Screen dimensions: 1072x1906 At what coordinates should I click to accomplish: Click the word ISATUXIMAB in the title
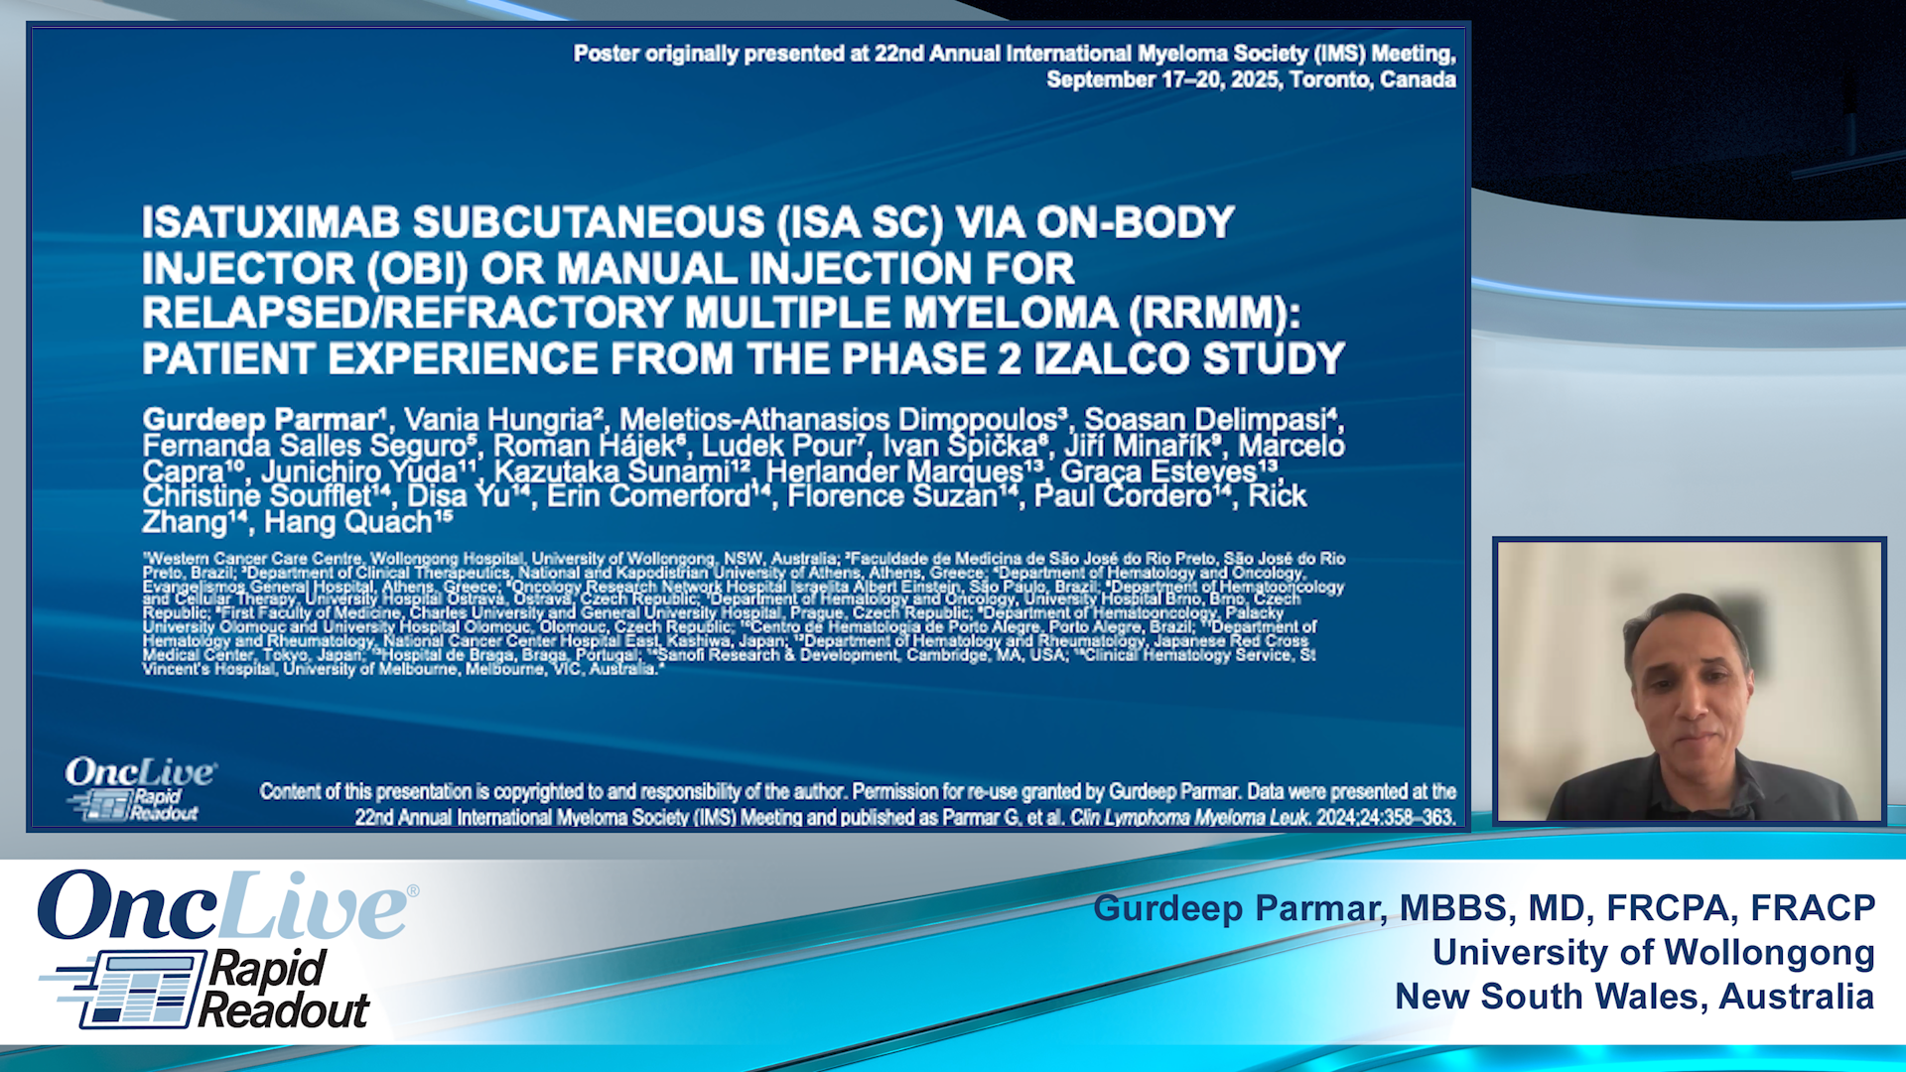coord(270,223)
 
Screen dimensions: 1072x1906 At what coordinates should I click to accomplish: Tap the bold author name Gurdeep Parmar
coord(261,420)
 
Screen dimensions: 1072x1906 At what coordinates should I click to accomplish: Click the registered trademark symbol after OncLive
coord(413,891)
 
